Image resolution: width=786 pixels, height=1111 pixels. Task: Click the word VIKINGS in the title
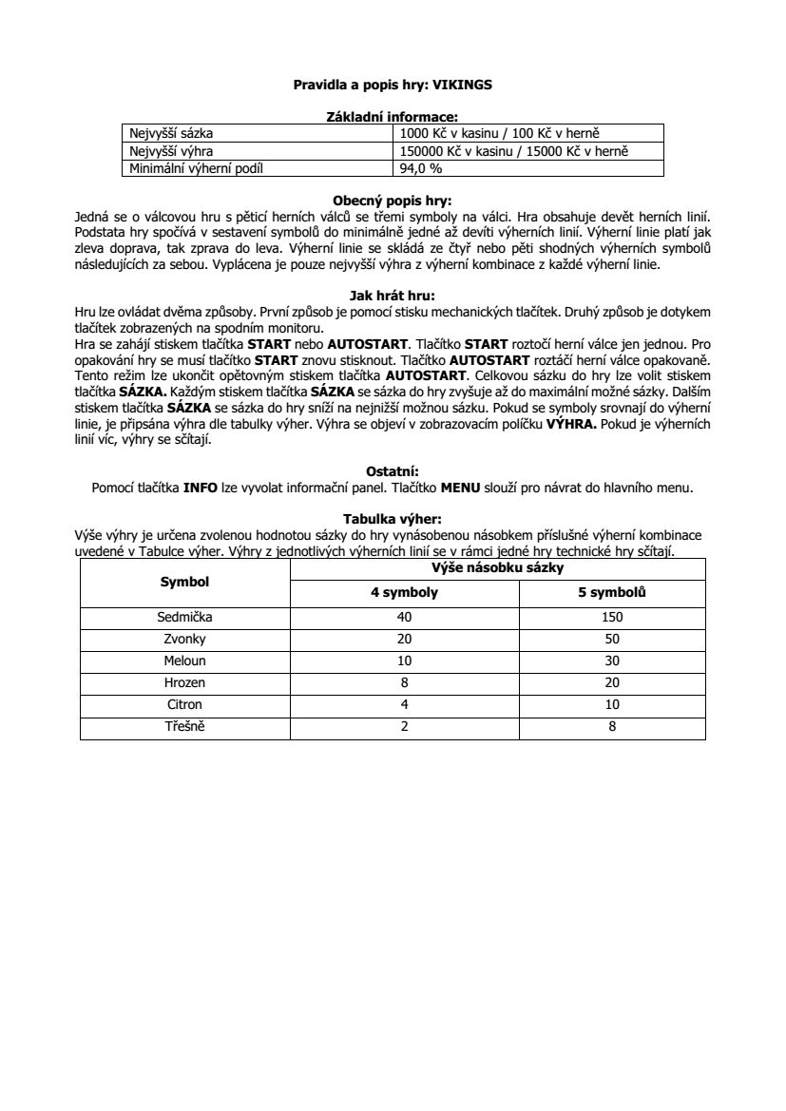pos(462,85)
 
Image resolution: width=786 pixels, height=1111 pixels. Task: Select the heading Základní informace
pos(393,117)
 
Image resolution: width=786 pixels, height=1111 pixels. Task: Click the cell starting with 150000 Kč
pos(515,151)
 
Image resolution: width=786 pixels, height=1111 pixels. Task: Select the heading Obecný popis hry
pos(393,201)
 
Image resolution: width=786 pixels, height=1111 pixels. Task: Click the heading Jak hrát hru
pos(393,296)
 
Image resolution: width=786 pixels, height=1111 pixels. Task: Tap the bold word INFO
pos(200,488)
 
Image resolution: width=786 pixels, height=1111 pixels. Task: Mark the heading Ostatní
pos(393,470)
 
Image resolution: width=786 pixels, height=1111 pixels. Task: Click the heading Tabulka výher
pos(393,519)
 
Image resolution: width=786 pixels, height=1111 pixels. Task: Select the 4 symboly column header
pos(404,593)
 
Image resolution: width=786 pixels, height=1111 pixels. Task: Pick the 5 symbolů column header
pos(612,593)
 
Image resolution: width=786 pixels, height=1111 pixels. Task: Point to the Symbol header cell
pos(184,582)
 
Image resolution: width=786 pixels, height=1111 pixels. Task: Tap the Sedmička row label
pos(184,617)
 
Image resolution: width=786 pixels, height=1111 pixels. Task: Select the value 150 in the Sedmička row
pos(612,617)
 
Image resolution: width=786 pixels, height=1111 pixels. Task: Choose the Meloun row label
pos(184,661)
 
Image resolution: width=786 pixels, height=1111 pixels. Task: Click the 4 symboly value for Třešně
pos(404,727)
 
